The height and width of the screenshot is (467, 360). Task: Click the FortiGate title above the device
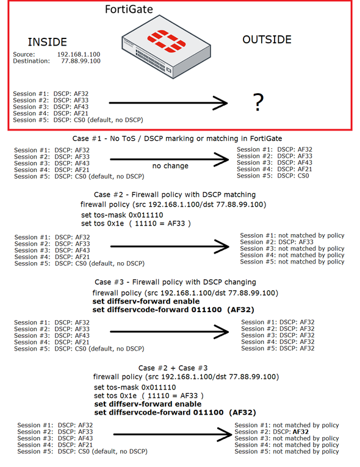coord(129,10)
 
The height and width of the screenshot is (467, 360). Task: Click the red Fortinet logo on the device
coord(167,41)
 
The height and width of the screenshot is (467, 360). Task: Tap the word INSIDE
coord(48,42)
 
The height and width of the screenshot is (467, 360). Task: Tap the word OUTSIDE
coord(267,40)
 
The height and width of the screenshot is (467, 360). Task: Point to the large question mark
coord(258,102)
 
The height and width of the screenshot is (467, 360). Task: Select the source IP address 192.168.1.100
coord(79,54)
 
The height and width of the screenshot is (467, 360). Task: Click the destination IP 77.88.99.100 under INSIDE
coord(81,61)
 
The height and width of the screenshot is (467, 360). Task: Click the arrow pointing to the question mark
coord(168,103)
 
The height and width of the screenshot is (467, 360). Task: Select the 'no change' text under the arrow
coord(170,166)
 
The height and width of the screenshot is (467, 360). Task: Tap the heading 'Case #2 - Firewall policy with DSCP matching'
coord(175,194)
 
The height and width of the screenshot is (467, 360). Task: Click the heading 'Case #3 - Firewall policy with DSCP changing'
coord(175,282)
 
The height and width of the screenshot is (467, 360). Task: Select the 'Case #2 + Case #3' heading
coord(173,368)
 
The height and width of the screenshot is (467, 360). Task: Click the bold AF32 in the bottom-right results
coord(301,432)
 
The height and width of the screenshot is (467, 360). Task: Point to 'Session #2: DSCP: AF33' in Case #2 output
coord(276,242)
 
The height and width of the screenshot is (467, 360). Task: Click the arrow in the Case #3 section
coord(169,332)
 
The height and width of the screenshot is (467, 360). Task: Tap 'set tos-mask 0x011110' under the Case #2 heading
coord(122,215)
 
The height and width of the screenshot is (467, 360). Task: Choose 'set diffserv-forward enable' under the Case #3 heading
coord(146,301)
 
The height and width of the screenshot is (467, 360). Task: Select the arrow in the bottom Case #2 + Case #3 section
coord(173,435)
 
